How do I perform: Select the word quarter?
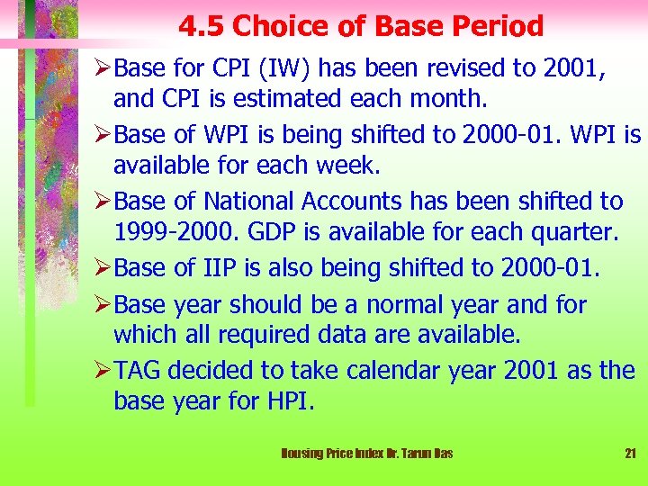(x=571, y=232)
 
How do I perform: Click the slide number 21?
(x=630, y=454)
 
